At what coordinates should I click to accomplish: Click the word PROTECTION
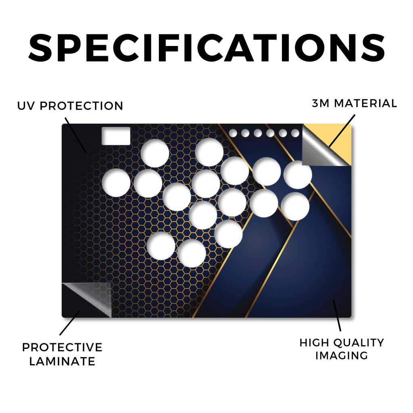tap(81, 106)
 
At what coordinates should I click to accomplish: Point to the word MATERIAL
tap(365, 103)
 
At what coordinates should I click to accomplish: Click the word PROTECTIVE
tap(62, 347)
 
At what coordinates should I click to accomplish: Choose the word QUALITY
tap(358, 343)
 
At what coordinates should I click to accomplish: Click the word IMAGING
tap(342, 356)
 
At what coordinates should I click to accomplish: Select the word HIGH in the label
tap(314, 343)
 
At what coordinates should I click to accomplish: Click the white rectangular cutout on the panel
tap(116, 136)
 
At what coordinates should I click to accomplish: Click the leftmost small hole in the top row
tap(233, 133)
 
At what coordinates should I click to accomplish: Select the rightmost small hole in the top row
tap(295, 133)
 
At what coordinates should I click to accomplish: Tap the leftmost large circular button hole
tap(116, 183)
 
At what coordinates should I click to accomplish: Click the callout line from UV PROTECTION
tap(75, 135)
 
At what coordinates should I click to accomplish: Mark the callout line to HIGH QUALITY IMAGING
tap(337, 315)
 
